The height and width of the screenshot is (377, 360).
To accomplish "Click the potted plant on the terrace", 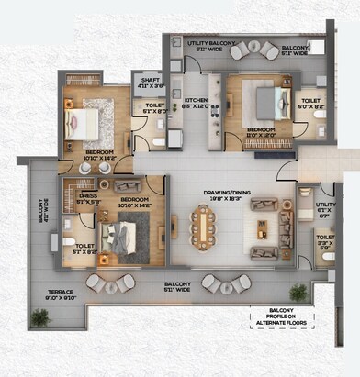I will (39, 317).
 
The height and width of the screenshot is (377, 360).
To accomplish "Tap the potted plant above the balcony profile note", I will (298, 293).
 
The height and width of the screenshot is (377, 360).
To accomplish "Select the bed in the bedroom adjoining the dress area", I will (119, 238).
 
